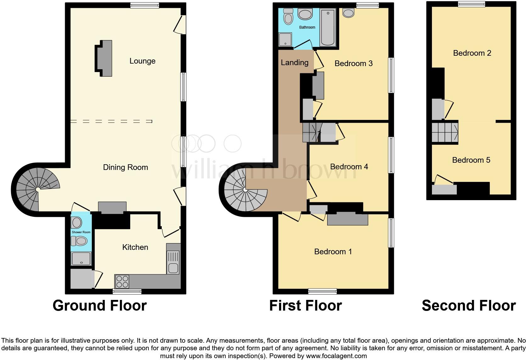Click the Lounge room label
coord(143,61)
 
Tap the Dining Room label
coord(126,167)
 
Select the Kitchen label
coord(135,247)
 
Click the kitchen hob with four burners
coord(122,282)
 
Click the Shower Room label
coord(81,232)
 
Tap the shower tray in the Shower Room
coord(81,259)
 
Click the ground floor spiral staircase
coord(36,189)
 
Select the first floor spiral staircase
coord(244,190)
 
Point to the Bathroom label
coord(307,27)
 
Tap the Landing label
coord(294,63)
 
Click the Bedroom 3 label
coord(354,64)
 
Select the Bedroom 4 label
coord(349,167)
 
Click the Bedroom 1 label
coord(333,252)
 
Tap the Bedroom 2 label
coord(472,53)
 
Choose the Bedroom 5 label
coord(471,160)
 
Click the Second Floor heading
coord(468,306)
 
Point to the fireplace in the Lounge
coord(104,59)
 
